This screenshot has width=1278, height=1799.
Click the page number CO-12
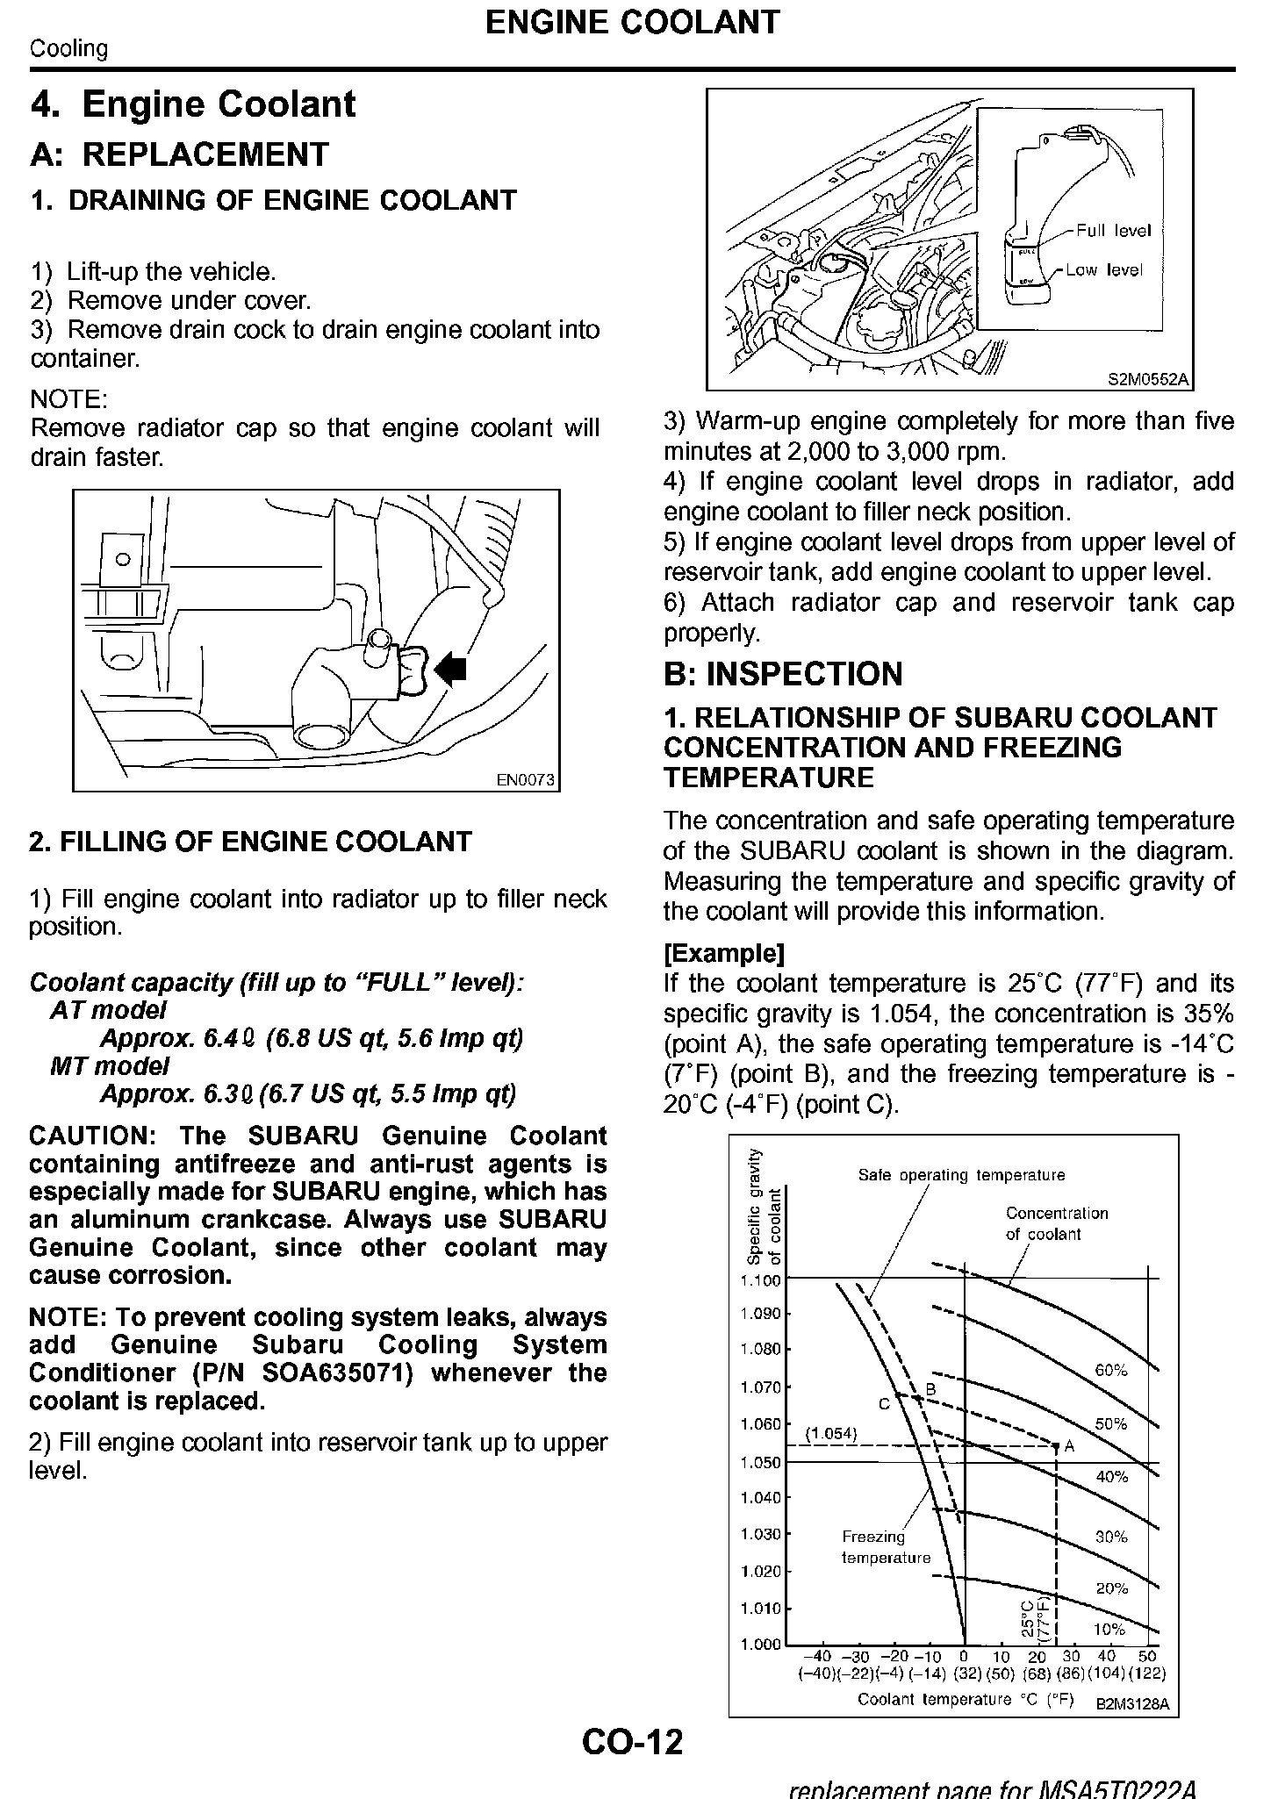632,1741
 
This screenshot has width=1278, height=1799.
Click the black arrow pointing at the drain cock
451,670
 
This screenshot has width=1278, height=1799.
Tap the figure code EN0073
526,779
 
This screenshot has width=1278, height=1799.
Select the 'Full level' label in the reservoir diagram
1113,231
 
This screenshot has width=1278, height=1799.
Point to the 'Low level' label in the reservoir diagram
1104,270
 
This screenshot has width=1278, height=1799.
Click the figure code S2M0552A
1147,379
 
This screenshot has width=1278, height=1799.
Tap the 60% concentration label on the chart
1111,1370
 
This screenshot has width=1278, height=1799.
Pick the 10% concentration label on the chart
1110,1629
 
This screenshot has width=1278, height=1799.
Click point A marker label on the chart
1069,1447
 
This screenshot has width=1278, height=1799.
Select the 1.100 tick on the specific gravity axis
760,1280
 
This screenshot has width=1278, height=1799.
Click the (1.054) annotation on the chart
830,1434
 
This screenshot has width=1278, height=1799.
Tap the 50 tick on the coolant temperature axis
1147,1657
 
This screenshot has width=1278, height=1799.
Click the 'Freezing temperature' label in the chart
885,1547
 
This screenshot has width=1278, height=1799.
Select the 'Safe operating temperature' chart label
961,1175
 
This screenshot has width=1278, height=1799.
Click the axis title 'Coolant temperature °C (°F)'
966,1699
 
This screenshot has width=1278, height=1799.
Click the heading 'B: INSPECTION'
783,674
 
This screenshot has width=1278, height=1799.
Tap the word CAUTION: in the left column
92,1136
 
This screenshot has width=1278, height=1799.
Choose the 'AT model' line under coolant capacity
108,1010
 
